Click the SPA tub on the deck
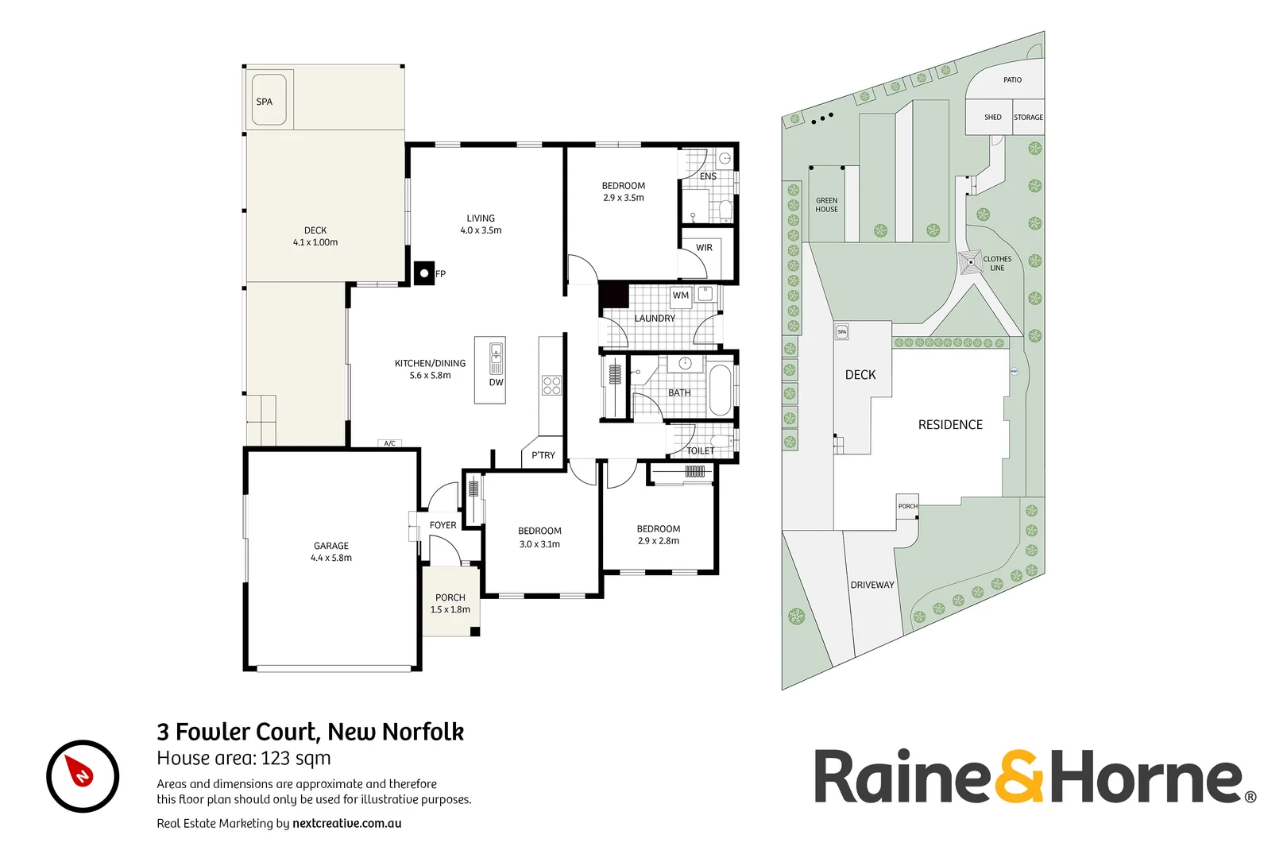[269, 101]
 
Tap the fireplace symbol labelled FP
[424, 273]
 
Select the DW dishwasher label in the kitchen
[496, 382]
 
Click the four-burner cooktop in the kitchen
[551, 385]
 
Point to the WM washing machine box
[681, 296]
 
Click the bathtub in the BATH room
[720, 389]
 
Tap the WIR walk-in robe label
[704, 248]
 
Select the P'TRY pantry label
[543, 455]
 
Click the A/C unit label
[389, 443]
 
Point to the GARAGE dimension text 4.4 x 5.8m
[331, 558]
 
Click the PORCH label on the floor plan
[450, 597]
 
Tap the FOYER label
[443, 525]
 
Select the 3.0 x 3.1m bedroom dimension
[539, 544]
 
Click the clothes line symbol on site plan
[970, 262]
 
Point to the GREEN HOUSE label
[826, 205]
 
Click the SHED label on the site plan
[993, 117]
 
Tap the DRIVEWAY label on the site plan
[872, 585]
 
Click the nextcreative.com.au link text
[346, 823]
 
